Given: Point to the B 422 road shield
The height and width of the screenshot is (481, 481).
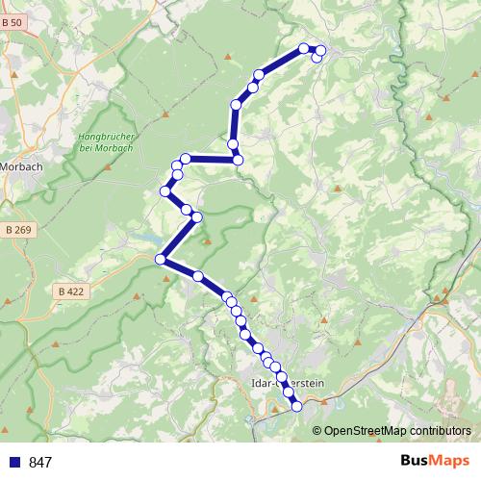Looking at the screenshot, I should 68,291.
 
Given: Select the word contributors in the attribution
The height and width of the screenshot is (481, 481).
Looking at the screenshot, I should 443,430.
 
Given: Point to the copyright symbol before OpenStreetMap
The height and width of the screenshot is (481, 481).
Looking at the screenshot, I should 317,430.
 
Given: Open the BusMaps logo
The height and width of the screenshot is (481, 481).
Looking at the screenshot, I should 434,462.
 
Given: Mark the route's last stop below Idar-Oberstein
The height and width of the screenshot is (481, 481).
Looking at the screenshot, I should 296,406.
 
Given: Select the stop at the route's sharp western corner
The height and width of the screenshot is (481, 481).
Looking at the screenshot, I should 161,258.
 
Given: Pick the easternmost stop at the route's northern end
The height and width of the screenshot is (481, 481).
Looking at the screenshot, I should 321,50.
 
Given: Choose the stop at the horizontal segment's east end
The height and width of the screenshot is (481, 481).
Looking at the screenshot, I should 238,160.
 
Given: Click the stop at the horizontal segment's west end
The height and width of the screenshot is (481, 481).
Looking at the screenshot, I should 185,159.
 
